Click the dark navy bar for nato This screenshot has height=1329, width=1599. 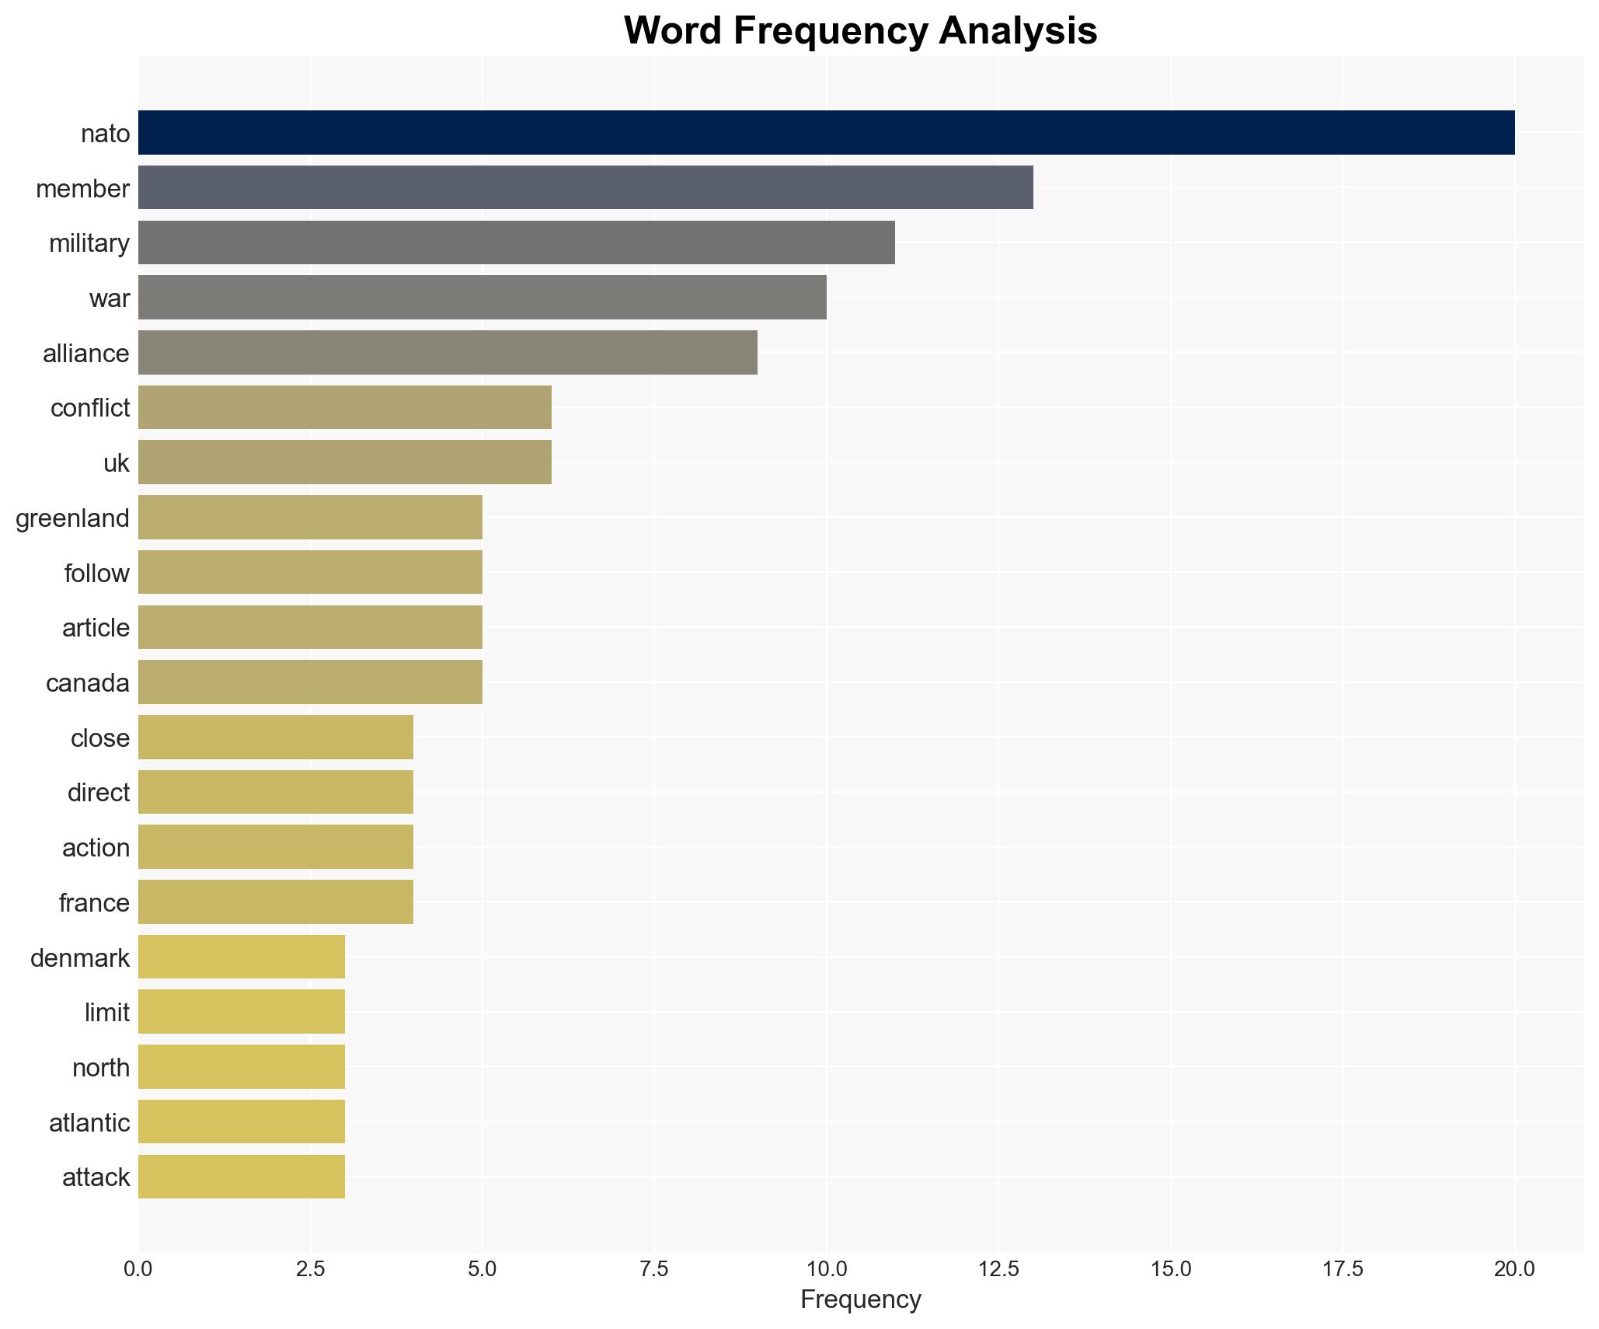tap(826, 133)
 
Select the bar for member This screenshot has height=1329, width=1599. tap(585, 187)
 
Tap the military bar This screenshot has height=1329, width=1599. tap(517, 242)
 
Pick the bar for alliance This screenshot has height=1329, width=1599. tap(448, 353)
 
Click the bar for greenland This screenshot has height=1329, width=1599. tap(310, 518)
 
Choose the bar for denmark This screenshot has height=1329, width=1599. tap(242, 958)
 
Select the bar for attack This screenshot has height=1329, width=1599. tap(242, 1177)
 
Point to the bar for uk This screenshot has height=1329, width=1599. tap(344, 462)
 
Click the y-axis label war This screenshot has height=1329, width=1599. tap(109, 298)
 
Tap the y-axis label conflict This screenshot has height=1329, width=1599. tap(89, 408)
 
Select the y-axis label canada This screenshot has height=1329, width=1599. tap(87, 683)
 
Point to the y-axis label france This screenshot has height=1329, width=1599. tap(94, 903)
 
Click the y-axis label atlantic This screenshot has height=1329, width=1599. tap(89, 1123)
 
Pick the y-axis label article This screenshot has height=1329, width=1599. tap(96, 628)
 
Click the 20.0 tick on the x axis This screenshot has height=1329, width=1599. tap(1514, 1269)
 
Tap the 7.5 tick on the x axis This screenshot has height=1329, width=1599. tap(654, 1269)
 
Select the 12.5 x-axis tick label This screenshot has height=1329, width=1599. tap(998, 1269)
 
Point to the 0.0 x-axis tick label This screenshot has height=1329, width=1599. tap(138, 1269)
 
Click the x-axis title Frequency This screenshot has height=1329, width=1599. tap(860, 1299)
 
